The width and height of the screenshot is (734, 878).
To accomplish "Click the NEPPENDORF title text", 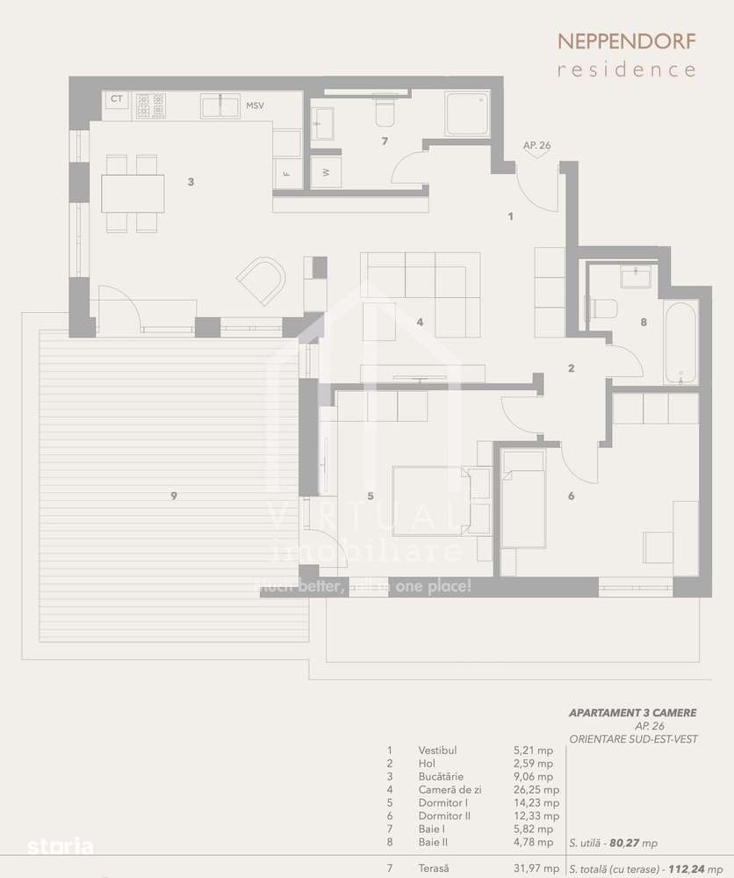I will pos(627,41).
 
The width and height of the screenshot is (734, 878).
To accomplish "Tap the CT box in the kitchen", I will pos(116,99).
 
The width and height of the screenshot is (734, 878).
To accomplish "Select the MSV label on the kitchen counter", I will pos(255,106).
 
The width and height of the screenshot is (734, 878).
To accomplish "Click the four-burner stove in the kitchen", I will pos(149,106).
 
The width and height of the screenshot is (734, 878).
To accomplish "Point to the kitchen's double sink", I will pos(220,106).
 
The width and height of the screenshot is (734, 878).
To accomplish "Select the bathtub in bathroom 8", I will pos(681,342).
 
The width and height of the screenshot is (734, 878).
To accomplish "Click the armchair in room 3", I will pos(263,279).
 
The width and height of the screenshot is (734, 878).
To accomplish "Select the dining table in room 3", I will pos(133,194).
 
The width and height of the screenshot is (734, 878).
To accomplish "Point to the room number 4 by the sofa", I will pos(421,323).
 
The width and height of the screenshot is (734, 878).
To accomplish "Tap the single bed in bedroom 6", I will pos(522,509).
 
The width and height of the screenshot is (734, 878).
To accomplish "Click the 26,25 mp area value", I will pos(533,789).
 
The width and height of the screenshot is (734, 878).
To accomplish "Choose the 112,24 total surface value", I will pos(686,868).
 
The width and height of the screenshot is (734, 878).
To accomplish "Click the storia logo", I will pos(60,847).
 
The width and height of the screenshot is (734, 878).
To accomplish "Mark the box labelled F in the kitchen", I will pos(286,172).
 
